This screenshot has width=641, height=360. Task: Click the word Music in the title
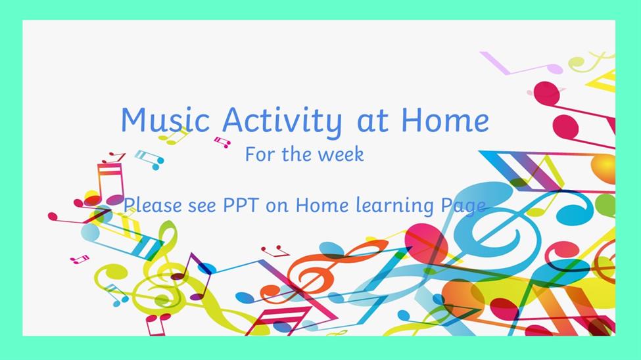tap(165, 120)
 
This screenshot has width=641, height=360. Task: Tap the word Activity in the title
tap(282, 121)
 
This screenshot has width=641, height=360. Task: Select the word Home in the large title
tap(445, 120)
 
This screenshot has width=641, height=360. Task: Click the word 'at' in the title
tap(372, 122)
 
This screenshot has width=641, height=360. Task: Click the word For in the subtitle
tap(260, 154)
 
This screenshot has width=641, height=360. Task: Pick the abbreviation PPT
tap(241, 205)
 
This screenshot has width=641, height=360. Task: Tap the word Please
tap(153, 205)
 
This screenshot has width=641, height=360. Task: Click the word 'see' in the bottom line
tap(202, 206)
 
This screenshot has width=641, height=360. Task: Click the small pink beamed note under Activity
tap(222, 142)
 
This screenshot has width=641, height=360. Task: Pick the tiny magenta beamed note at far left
tap(80, 259)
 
